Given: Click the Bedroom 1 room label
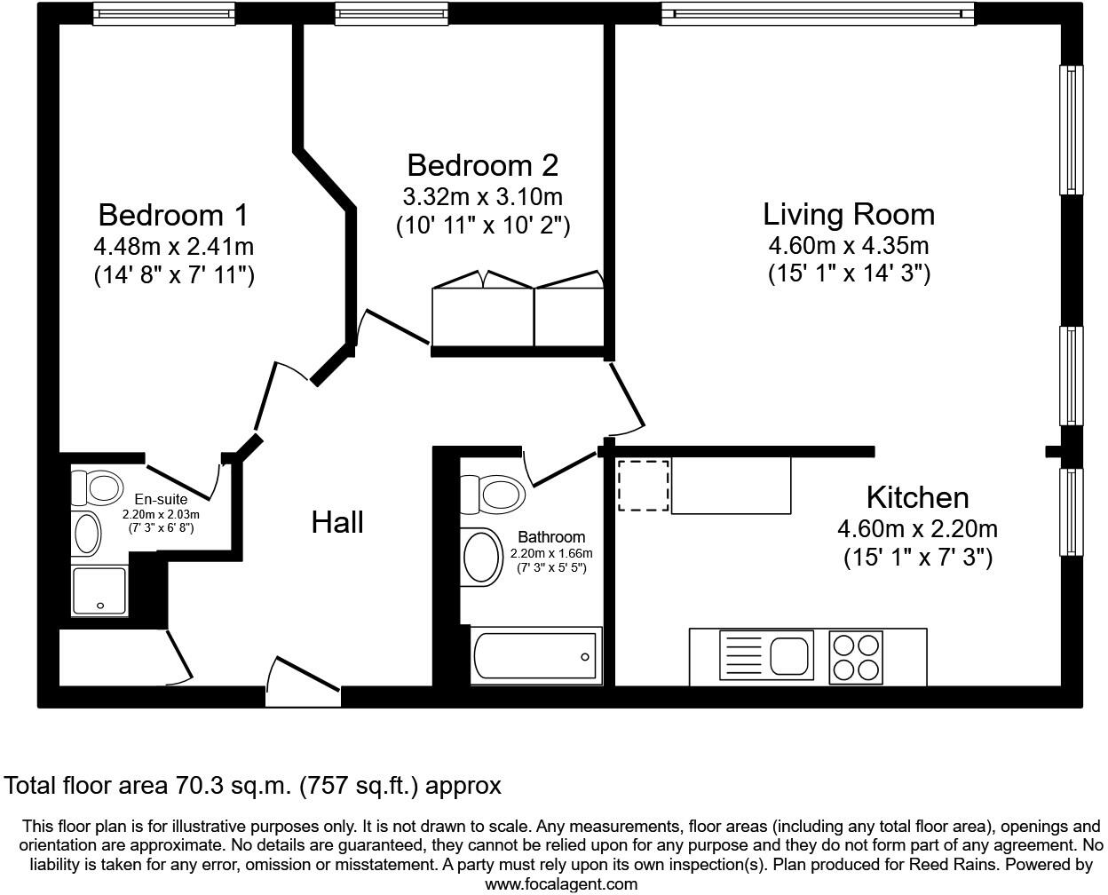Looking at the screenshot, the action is click(x=173, y=215).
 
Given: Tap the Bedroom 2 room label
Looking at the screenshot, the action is click(x=482, y=165).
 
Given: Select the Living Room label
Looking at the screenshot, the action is click(x=849, y=214).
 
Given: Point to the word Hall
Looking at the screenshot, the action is click(x=337, y=522).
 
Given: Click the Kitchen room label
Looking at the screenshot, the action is click(x=918, y=498).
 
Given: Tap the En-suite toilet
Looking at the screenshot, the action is click(x=98, y=487).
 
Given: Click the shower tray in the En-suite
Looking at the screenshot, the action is click(x=99, y=591).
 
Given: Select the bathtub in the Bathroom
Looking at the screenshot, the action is click(x=536, y=655).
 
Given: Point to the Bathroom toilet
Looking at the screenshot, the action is click(x=494, y=494).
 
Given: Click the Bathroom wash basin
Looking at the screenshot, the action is click(x=481, y=557).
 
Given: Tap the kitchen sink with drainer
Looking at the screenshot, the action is click(x=766, y=655).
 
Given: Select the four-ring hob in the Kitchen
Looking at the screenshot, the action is click(x=856, y=657).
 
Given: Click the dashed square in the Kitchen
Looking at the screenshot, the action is click(x=644, y=485).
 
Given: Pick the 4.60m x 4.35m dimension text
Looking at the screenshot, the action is click(x=849, y=246).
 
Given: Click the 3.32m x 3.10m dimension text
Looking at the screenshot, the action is click(x=482, y=197).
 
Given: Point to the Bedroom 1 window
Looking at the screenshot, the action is click(x=164, y=13).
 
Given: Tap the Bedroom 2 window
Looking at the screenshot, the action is click(x=392, y=13).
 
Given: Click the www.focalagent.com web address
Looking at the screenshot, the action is click(x=561, y=883).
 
